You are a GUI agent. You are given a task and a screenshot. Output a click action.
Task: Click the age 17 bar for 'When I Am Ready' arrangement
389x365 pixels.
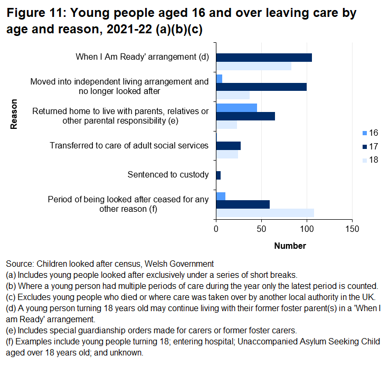point(264,58)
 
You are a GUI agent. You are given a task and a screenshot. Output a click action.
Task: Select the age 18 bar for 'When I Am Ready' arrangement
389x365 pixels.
point(254,66)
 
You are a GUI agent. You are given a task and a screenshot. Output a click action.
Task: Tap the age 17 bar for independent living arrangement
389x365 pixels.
point(261,87)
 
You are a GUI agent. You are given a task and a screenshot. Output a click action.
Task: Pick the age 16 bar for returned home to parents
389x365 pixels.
point(236,108)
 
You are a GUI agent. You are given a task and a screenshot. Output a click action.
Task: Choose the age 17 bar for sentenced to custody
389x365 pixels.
point(219,175)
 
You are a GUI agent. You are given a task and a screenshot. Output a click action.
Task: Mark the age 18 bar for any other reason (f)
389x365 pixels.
point(265,212)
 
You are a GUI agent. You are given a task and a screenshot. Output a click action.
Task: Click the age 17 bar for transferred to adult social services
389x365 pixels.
point(229,146)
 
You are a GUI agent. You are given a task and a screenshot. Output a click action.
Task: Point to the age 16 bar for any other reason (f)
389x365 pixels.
point(221,196)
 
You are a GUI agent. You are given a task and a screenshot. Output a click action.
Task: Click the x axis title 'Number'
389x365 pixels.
point(290,246)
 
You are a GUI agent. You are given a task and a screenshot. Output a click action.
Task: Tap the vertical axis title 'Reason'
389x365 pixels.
point(14,114)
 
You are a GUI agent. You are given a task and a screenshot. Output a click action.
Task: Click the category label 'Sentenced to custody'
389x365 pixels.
point(168,175)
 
